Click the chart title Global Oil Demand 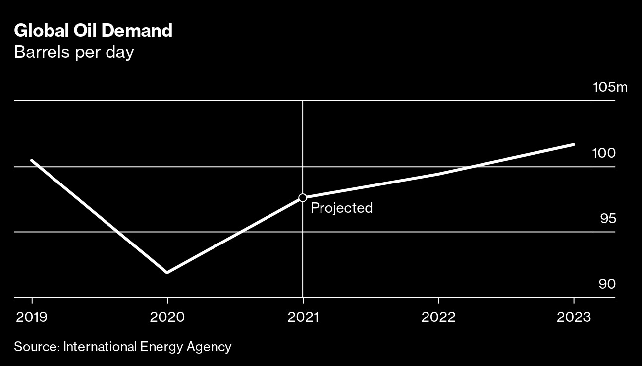[93, 31]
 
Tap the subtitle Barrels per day [74, 52]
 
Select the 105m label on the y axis [610, 88]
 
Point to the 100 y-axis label [604, 153]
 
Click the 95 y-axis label [607, 218]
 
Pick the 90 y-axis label [607, 284]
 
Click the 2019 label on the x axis [32, 317]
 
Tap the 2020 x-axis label [167, 317]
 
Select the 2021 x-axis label [303, 317]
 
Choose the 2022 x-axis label [438, 317]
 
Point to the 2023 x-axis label [574, 317]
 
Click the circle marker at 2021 [303, 198]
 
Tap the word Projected [341, 208]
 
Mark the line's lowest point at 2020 [167, 272]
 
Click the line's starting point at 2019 [32, 160]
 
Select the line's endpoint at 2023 [573, 145]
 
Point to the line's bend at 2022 [438, 174]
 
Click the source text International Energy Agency [147, 346]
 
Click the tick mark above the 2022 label [438, 301]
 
